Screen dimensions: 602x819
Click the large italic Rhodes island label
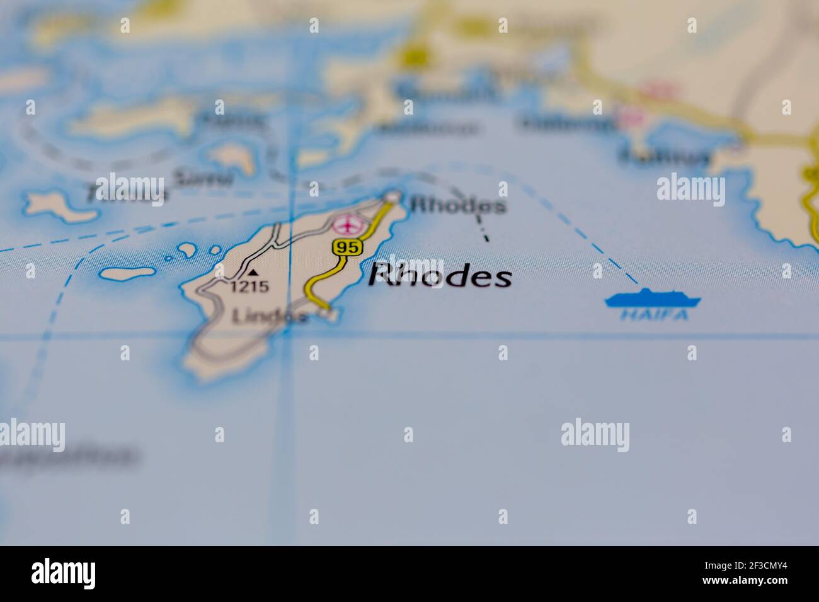point(440,276)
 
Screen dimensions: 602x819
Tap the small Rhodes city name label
point(457,205)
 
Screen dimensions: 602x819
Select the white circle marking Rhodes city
point(392,198)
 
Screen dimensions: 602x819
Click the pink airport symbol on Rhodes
point(349,224)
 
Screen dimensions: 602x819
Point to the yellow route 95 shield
point(348,247)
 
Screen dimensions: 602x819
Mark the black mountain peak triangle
point(253,273)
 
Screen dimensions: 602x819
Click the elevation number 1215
point(249,287)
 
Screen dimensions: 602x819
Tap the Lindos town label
point(270,316)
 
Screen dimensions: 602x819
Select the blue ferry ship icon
point(653,298)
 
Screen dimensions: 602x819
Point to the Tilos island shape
point(60,207)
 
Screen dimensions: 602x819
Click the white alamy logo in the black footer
point(64,573)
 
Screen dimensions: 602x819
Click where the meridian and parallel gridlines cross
point(289,336)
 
